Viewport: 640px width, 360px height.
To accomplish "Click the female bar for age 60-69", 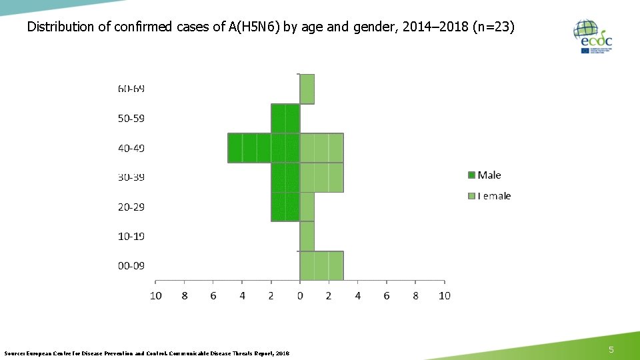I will [x=307, y=89].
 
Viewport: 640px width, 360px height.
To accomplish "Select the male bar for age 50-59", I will [x=285, y=119].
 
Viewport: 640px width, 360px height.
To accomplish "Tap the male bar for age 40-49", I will [x=263, y=148].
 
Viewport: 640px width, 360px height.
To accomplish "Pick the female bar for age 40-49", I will [x=321, y=148].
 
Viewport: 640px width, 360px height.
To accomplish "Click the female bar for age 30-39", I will [x=321, y=177].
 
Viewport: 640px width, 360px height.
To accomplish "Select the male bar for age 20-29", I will [x=285, y=207].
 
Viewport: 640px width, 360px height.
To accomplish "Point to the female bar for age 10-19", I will [x=307, y=236].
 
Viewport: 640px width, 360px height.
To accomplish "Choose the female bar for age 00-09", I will [x=321, y=265].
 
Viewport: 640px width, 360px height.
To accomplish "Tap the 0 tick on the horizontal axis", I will [x=300, y=295].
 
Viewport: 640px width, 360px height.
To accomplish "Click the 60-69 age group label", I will [x=131, y=89].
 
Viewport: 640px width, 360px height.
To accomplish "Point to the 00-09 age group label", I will [x=131, y=265].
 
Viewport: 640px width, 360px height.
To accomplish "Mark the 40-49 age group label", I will [x=131, y=148].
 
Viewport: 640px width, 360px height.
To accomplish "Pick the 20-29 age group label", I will [x=131, y=207].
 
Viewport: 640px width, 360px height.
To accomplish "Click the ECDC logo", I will [x=592, y=37].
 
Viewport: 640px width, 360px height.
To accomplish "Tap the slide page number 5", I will [x=611, y=350].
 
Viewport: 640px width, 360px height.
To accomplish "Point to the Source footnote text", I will [x=147, y=353].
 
